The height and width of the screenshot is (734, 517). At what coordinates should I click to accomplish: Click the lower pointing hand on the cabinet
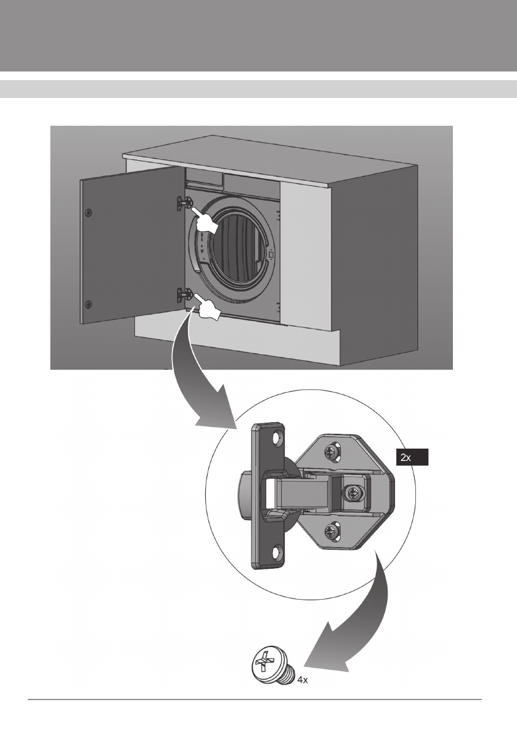(x=209, y=308)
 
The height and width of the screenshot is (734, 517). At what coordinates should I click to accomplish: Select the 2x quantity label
(x=411, y=457)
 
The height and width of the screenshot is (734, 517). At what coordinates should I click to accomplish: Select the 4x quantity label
(x=303, y=681)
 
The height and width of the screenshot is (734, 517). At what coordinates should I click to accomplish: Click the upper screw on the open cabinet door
(x=89, y=212)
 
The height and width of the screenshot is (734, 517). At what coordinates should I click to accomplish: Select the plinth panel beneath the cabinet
(x=234, y=342)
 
